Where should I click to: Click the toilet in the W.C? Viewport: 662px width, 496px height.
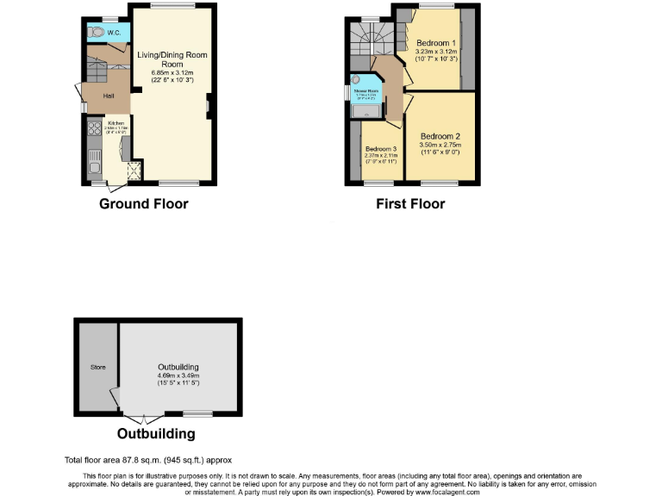(x=97, y=32)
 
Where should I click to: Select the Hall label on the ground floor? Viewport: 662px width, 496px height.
(x=109, y=96)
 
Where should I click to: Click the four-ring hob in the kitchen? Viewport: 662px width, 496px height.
(x=94, y=133)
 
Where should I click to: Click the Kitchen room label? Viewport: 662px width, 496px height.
(x=116, y=124)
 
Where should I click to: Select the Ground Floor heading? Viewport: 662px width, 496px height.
(x=143, y=204)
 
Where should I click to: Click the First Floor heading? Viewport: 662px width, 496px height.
(x=410, y=204)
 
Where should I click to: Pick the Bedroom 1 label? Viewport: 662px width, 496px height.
(x=434, y=43)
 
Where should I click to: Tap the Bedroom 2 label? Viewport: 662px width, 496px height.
(x=440, y=136)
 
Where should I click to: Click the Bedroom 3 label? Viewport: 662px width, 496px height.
(x=381, y=148)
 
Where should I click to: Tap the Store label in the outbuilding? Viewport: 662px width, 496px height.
(x=97, y=368)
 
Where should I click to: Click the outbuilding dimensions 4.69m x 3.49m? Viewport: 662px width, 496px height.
(x=178, y=375)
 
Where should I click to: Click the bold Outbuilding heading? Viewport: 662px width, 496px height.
(x=156, y=434)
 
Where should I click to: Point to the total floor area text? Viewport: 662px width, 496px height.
(x=148, y=460)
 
